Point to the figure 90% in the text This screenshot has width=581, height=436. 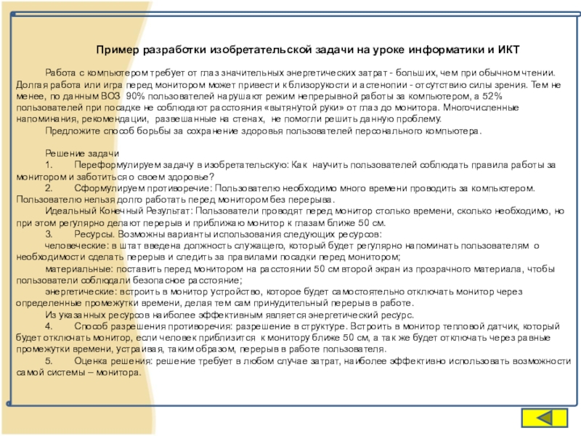(134, 96)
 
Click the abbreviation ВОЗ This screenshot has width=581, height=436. (110, 96)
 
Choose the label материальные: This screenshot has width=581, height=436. (76, 269)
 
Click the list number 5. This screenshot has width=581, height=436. (48, 361)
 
